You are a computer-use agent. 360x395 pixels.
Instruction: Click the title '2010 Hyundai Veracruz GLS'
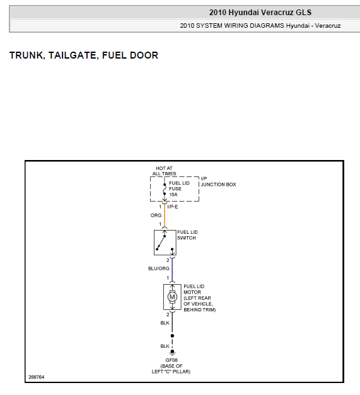pos(260,13)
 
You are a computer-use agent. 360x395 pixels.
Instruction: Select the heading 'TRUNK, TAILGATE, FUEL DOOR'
pos(84,55)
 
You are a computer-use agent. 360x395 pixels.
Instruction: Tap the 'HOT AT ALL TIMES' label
pos(164,171)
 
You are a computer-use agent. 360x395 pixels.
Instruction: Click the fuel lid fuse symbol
pos(165,189)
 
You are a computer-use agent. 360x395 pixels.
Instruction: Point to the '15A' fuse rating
pos(173,195)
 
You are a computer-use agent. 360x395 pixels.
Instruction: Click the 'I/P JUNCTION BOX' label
pos(218,181)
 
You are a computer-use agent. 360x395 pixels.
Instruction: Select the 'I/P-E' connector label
pos(173,207)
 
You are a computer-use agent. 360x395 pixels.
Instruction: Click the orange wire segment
pos(165,215)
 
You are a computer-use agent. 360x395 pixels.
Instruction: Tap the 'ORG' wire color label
pos(156,215)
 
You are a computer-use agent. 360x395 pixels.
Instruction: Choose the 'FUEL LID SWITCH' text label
pos(187,235)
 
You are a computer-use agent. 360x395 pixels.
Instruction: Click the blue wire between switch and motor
pos(172,270)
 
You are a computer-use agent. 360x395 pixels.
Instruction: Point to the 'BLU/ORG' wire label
pos(159,268)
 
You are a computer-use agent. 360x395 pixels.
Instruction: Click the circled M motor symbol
pos(172,297)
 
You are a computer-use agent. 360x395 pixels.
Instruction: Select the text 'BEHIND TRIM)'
pos(200,309)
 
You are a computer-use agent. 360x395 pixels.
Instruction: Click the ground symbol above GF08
pos(172,353)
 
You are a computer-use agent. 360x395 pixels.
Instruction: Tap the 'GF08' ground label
pos(171,360)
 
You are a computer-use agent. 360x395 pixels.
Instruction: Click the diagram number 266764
pos(37,377)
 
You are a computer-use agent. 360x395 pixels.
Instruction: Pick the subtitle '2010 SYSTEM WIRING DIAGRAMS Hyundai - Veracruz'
pos(260,26)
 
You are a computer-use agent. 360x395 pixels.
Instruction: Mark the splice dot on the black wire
pos(172,336)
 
